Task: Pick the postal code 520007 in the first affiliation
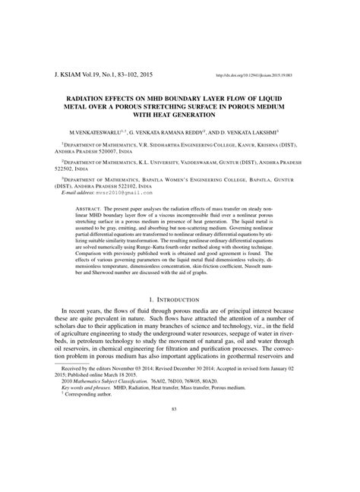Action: (x=114, y=150)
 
